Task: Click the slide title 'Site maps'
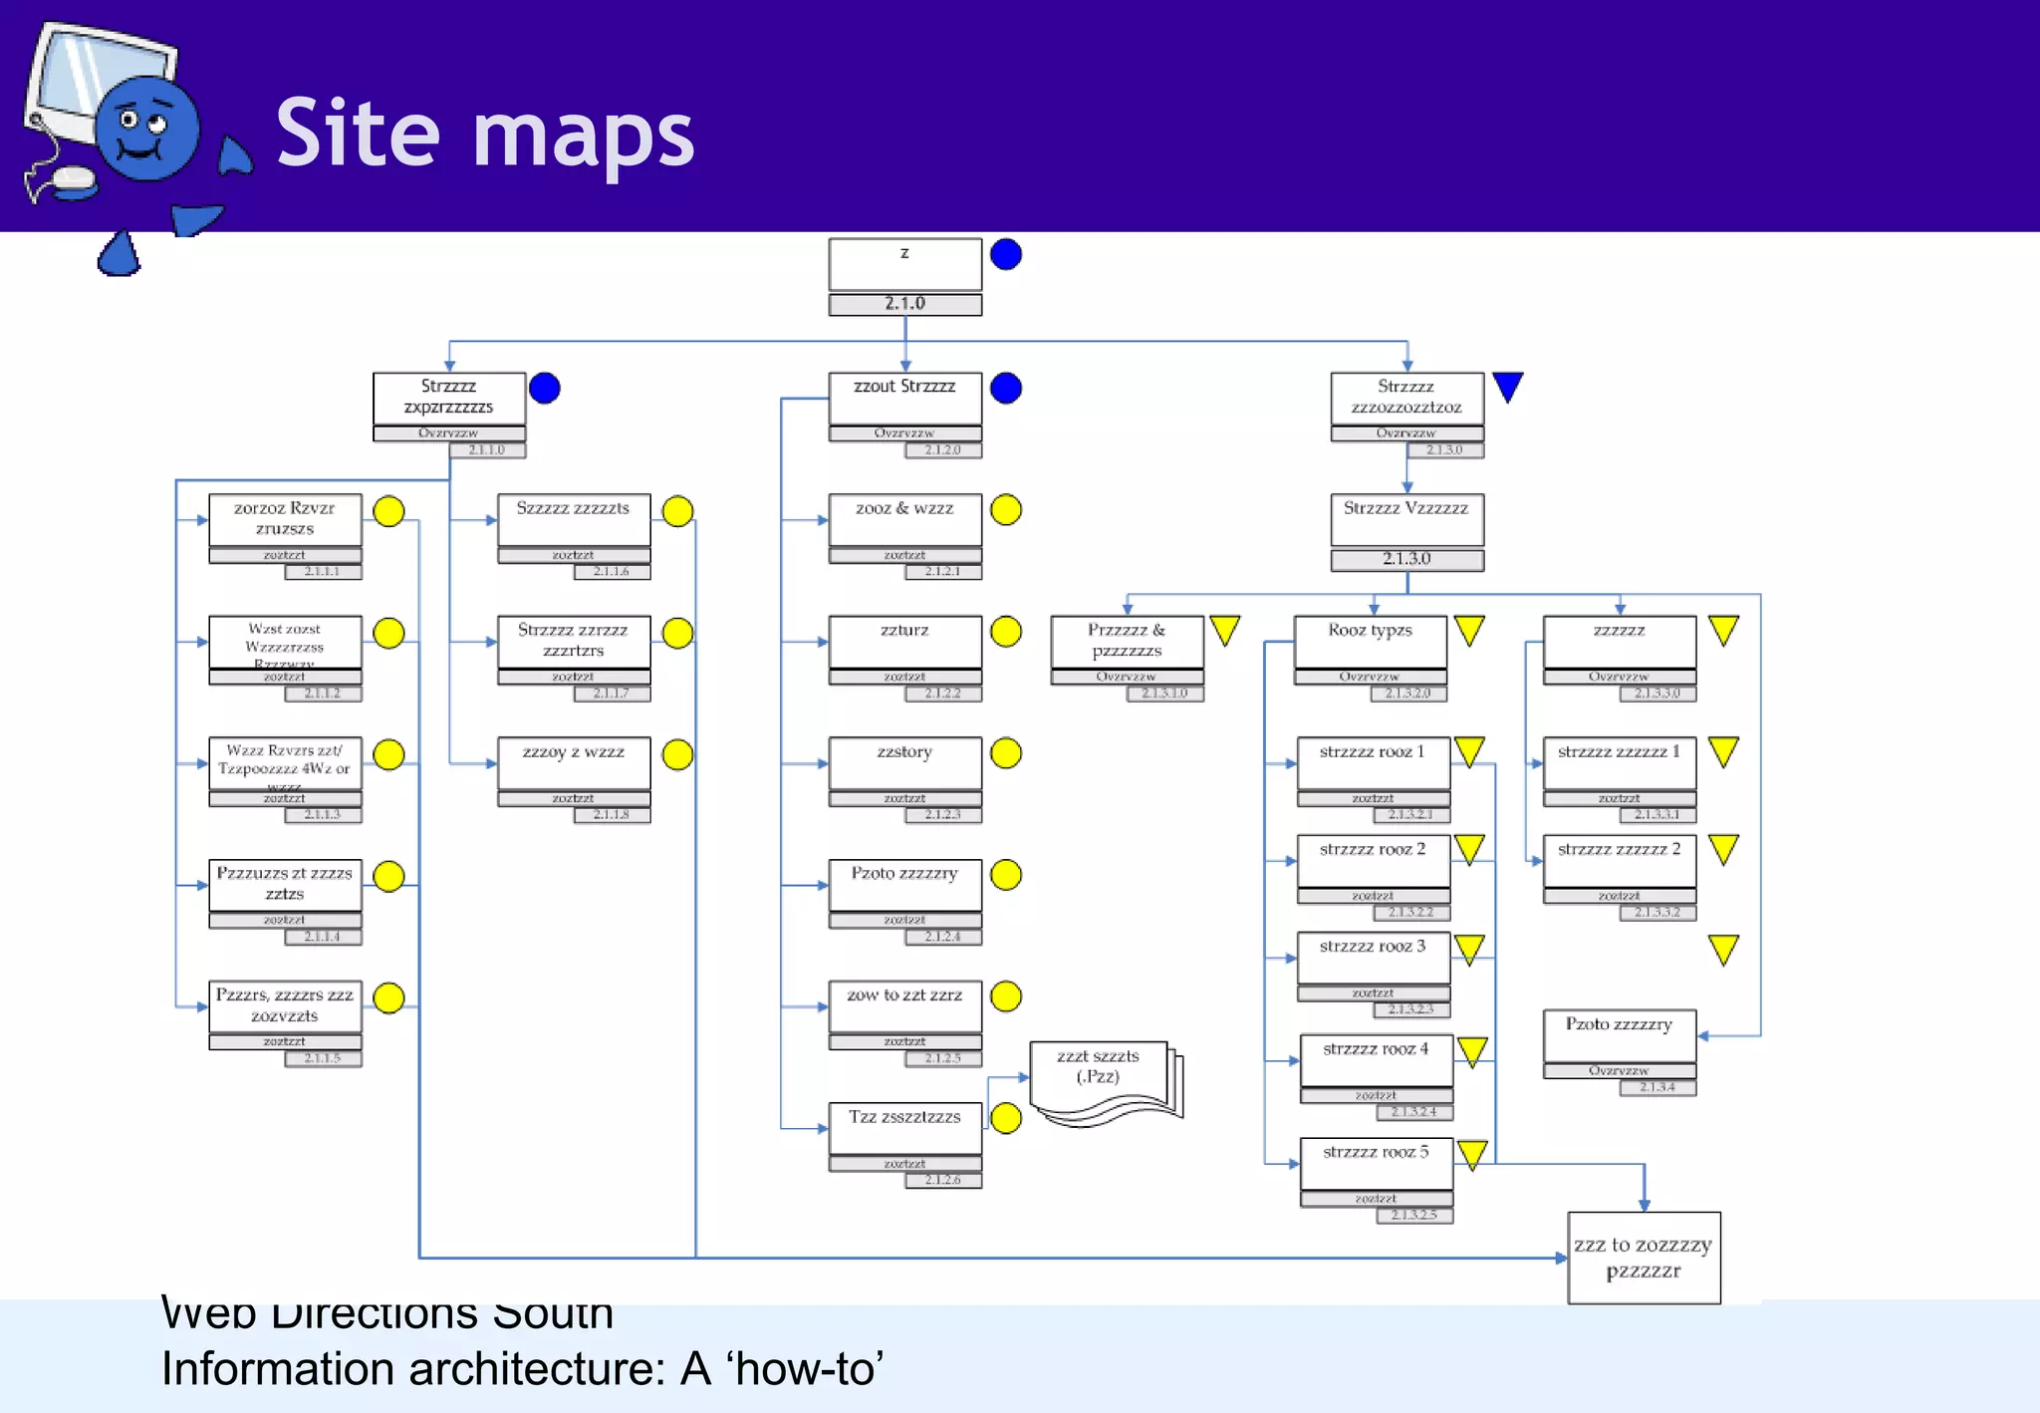click(x=484, y=134)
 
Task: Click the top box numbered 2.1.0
click(x=904, y=265)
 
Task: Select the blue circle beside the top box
click(x=1006, y=255)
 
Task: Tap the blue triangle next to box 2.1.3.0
click(x=1508, y=387)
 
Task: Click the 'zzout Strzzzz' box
click(x=904, y=399)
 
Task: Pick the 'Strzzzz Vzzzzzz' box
click(x=1406, y=519)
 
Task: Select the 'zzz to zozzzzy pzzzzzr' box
click(x=1644, y=1258)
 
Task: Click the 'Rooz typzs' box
click(x=1370, y=642)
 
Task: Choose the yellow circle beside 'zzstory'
click(x=1006, y=753)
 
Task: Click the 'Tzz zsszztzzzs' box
click(x=904, y=1129)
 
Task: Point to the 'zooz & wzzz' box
click(x=904, y=519)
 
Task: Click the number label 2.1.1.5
click(x=323, y=1058)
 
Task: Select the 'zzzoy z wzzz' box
click(x=574, y=763)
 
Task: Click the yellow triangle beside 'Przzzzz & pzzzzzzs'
click(x=1225, y=630)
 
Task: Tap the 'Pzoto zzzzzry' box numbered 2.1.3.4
click(x=1619, y=1036)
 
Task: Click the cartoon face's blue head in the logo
click(x=147, y=130)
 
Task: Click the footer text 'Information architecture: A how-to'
click(x=522, y=1369)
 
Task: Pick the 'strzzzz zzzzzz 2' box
click(x=1619, y=861)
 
